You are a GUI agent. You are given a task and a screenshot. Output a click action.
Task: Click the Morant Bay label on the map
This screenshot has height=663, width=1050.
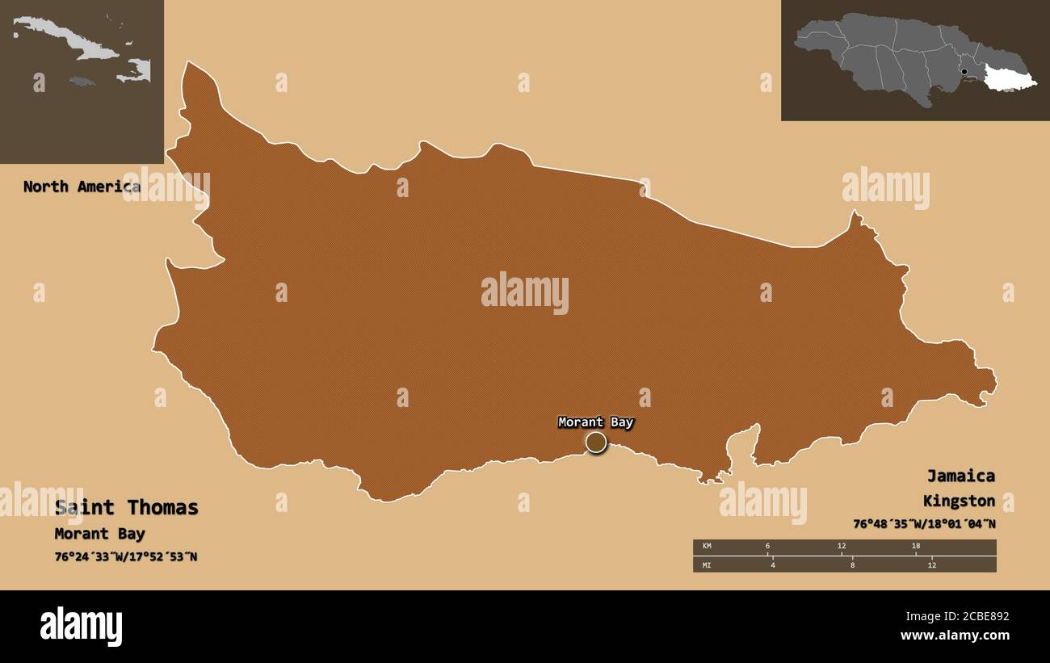pos(596,422)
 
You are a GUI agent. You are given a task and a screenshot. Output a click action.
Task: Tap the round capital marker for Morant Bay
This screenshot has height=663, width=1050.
pos(596,442)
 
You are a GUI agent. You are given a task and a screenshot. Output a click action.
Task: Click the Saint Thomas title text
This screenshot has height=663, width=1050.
pos(126,507)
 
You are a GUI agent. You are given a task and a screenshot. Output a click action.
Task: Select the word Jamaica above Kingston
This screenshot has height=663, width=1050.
pos(960,476)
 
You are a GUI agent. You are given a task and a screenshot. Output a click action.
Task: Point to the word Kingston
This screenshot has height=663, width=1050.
pos(959,501)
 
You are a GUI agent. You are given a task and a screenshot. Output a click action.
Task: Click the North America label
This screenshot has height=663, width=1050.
pos(81,187)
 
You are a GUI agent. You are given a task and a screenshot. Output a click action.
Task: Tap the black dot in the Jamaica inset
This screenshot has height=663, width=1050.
pos(964,72)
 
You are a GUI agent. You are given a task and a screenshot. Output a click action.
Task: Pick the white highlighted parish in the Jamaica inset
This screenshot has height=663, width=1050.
pos(1009,78)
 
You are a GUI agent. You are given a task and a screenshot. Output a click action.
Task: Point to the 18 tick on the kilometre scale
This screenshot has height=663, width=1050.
pos(915,547)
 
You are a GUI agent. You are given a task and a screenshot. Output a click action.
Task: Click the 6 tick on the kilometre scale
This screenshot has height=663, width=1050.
pos(767,547)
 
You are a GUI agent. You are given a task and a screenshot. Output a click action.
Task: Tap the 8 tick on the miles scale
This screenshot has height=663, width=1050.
pos(851,564)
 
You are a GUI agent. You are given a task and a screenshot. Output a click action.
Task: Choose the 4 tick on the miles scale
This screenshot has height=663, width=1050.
pos(772,564)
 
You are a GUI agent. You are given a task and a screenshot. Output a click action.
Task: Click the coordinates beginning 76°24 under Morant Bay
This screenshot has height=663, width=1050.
pos(125,556)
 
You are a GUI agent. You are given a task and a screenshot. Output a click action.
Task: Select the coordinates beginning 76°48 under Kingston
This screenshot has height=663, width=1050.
pos(924,523)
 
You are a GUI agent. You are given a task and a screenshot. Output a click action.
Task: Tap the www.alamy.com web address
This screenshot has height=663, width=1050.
pos(954,636)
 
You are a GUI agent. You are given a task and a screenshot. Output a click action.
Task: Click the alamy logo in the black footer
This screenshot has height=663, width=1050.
pos(81,627)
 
